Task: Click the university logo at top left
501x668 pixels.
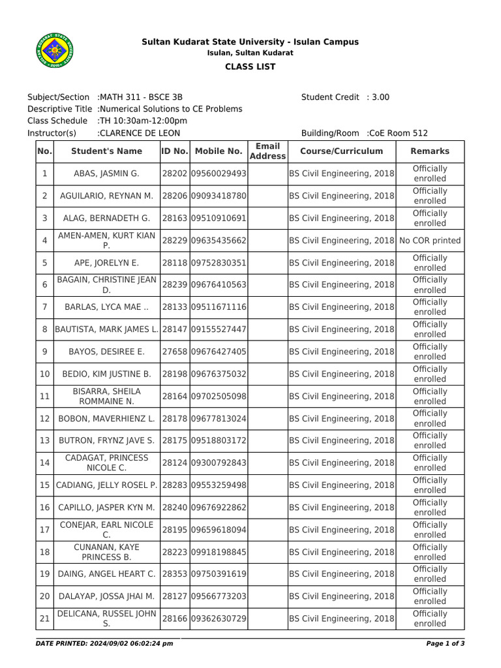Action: [54, 52]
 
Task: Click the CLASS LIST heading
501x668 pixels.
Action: [250, 67]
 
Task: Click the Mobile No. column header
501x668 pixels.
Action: [219, 151]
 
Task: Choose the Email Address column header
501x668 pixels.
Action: [267, 151]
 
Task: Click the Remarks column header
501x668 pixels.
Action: [430, 151]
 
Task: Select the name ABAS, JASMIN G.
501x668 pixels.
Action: [107, 174]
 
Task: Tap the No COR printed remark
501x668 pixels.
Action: [430, 241]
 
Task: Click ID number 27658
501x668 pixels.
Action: [174, 352]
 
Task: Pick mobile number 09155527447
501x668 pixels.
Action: [219, 329]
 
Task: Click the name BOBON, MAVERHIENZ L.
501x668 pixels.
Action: [107, 419]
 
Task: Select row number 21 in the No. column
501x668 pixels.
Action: [44, 618]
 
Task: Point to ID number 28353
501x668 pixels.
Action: [174, 574]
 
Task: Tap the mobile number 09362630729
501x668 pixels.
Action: [219, 618]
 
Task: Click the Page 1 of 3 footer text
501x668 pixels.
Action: [445, 644]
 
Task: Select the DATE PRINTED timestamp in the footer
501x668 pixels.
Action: [104, 644]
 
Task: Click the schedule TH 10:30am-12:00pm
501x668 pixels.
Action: [143, 121]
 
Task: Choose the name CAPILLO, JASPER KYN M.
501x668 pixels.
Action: [107, 508]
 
